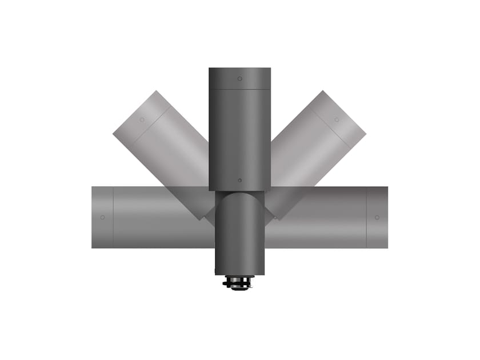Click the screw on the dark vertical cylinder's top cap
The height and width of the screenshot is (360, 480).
pyautogui.click(x=240, y=78)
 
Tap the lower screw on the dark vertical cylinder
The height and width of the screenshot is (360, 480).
pyautogui.click(x=240, y=180)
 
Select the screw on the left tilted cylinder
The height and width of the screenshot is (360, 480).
pyautogui.click(x=142, y=120)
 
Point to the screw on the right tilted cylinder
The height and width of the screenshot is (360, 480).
pyautogui.click(x=337, y=119)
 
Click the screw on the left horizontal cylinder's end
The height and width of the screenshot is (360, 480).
pyautogui.click(x=102, y=217)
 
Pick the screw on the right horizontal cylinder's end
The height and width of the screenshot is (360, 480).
pyautogui.click(x=377, y=217)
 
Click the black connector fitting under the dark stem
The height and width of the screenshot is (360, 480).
pyautogui.click(x=239, y=282)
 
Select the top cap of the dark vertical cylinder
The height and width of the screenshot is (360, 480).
pyautogui.click(x=240, y=78)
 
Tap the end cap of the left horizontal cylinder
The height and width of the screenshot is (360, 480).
pyautogui.click(x=102, y=217)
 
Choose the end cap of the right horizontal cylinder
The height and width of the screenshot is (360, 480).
pyautogui.click(x=377, y=217)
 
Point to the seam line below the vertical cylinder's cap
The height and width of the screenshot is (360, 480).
pyautogui.click(x=240, y=89)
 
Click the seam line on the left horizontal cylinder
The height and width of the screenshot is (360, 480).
pyautogui.click(x=113, y=217)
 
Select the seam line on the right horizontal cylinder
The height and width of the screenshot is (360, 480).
pyautogui.click(x=366, y=217)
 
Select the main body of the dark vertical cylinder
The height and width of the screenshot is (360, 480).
pyautogui.click(x=240, y=137)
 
